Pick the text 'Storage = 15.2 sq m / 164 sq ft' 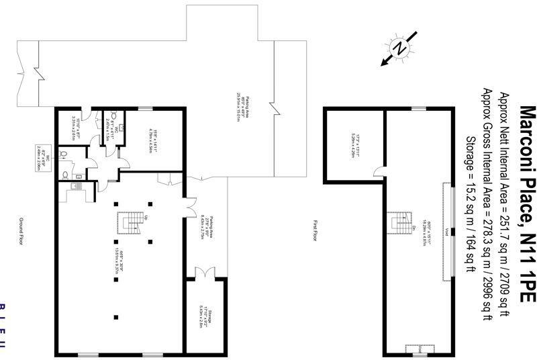click(x=470, y=195)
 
